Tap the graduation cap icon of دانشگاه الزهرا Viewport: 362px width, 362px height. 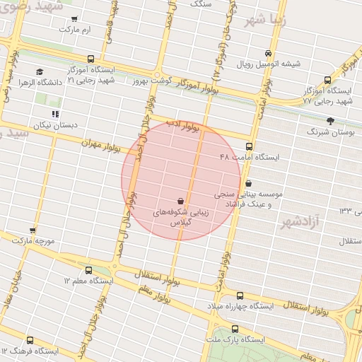coord(40,71)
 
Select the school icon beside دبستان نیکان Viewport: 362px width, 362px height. coord(55,113)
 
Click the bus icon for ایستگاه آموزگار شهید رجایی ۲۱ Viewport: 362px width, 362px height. coord(90,59)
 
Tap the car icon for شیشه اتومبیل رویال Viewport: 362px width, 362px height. coord(267,53)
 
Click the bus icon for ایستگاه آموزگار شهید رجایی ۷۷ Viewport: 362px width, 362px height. coord(327,80)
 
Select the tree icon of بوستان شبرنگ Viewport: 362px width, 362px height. coord(329,121)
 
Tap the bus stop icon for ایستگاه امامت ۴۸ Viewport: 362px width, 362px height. coord(249,146)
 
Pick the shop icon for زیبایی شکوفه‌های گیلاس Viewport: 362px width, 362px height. coord(181,201)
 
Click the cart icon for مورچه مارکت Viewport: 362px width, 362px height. coord(33,230)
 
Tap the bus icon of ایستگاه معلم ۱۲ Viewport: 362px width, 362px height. coord(88,270)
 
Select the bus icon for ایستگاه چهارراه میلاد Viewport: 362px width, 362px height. coord(240,296)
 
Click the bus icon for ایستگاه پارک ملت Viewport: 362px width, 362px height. coord(235,329)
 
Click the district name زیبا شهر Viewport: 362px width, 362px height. coord(266,19)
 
